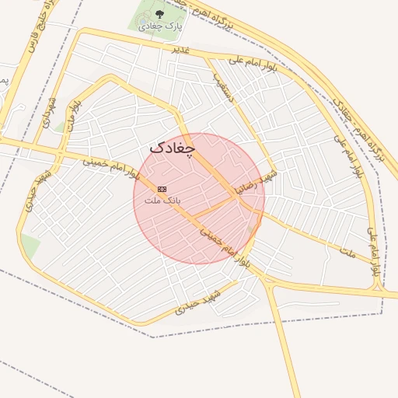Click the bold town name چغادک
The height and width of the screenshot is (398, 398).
[172, 147]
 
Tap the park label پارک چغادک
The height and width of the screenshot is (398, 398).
[159, 26]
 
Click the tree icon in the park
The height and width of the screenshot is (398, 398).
[159, 13]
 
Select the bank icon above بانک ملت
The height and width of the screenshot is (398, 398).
[162, 189]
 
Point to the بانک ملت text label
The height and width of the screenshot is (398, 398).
[162, 200]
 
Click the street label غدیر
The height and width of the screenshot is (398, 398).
[180, 48]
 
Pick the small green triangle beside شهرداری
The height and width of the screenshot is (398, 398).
[59, 127]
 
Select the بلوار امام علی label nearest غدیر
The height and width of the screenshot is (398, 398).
[250, 61]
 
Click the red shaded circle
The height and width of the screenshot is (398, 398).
[198, 198]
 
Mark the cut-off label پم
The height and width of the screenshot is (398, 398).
[3, 80]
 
